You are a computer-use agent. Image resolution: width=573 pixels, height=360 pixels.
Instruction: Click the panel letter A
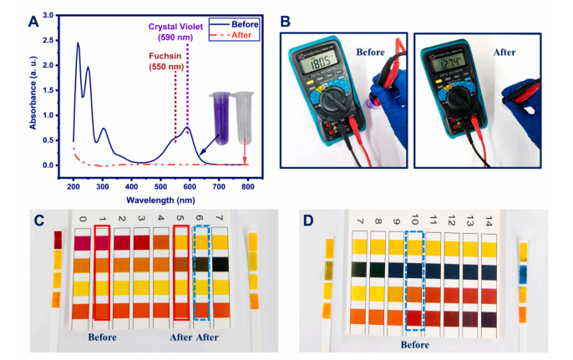[34, 19]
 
